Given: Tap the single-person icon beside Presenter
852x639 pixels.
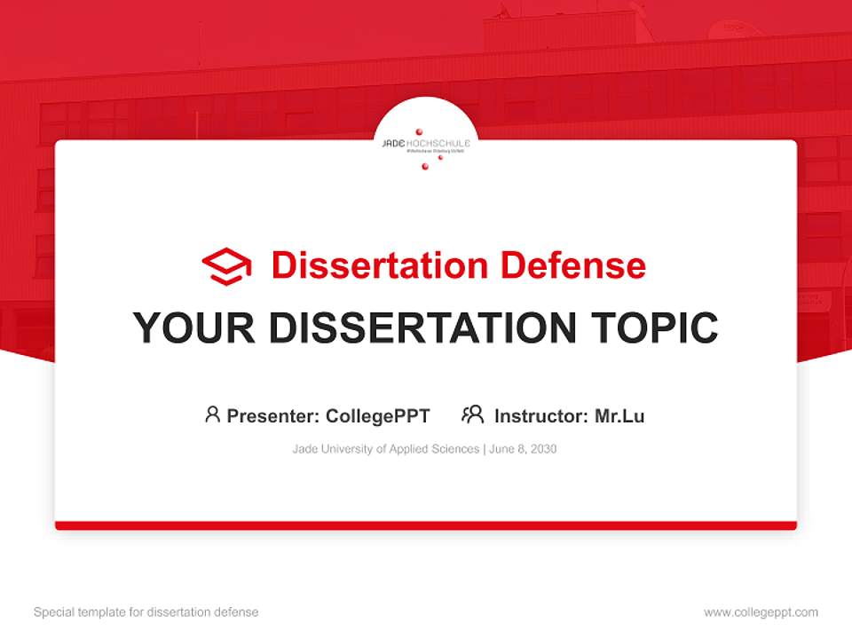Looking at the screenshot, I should [212, 414].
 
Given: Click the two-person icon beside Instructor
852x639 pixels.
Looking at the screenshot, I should [473, 414].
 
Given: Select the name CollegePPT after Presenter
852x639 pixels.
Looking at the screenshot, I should [378, 415].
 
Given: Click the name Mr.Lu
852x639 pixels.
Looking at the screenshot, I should [619, 415].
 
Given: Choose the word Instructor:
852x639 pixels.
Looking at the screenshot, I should [540, 415].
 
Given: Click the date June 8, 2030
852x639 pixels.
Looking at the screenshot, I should [523, 449].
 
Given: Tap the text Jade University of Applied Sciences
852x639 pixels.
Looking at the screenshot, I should [386, 449].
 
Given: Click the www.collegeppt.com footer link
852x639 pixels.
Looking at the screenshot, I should [761, 612].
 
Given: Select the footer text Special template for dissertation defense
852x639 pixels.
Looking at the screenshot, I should [146, 612].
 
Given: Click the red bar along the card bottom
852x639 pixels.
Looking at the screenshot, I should [426, 525].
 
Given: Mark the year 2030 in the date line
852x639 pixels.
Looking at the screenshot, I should [543, 449].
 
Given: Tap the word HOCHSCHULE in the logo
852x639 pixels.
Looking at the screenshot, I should [438, 142].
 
